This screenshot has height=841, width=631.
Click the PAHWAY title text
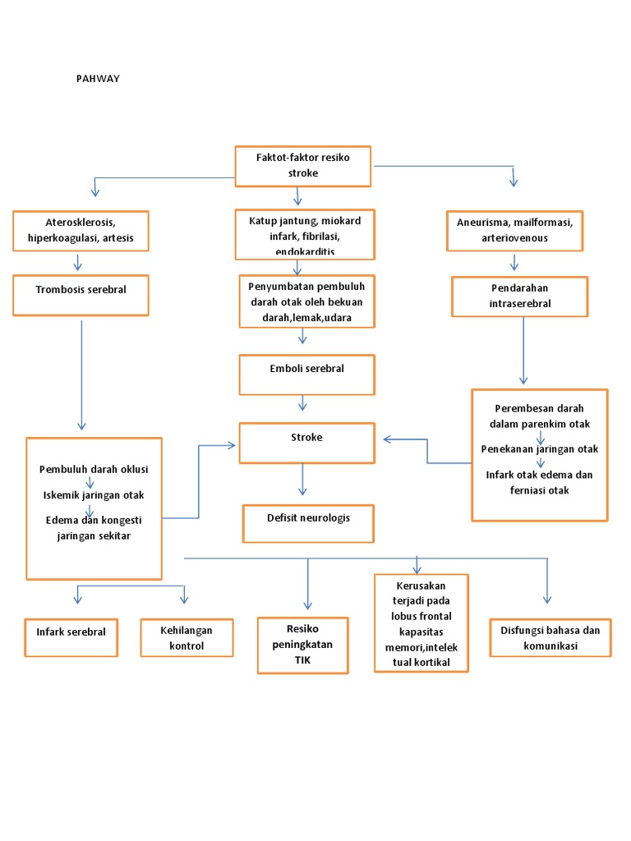(x=99, y=80)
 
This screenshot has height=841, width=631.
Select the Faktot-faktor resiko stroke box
(x=303, y=165)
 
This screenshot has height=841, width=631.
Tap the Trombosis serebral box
(x=81, y=295)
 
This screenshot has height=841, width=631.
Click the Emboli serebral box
(x=306, y=375)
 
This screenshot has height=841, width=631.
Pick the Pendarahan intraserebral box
(x=519, y=296)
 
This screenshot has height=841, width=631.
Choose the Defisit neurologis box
(x=308, y=523)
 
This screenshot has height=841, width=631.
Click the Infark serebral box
(x=71, y=637)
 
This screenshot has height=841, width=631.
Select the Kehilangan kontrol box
(x=187, y=638)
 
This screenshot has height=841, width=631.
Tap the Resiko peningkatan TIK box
(x=302, y=645)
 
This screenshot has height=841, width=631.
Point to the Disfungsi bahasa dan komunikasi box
(x=550, y=638)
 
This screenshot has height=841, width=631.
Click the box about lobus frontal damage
(x=421, y=623)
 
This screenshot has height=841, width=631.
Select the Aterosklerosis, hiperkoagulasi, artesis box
(x=81, y=231)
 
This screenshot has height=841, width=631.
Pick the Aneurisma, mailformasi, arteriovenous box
(x=515, y=231)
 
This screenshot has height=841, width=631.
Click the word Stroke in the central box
(x=306, y=438)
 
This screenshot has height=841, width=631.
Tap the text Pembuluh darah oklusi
(x=94, y=469)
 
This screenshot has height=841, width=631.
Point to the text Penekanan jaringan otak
(x=540, y=448)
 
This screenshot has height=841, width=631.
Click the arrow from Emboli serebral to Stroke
(x=303, y=402)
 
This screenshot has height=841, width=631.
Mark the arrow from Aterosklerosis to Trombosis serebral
(x=78, y=262)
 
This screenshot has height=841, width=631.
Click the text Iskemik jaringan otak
(x=94, y=494)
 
